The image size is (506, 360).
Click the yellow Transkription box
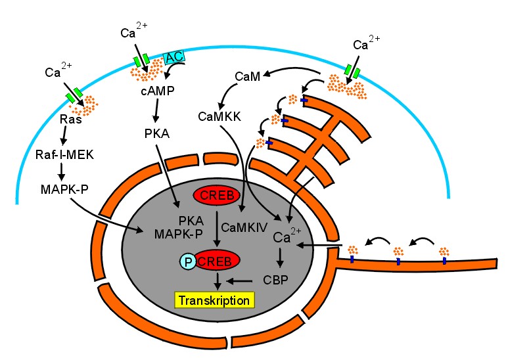click(x=214, y=300)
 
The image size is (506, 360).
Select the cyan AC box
click(x=173, y=57)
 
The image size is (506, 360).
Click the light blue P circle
click(x=189, y=260)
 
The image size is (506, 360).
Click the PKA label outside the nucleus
click(x=157, y=134)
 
